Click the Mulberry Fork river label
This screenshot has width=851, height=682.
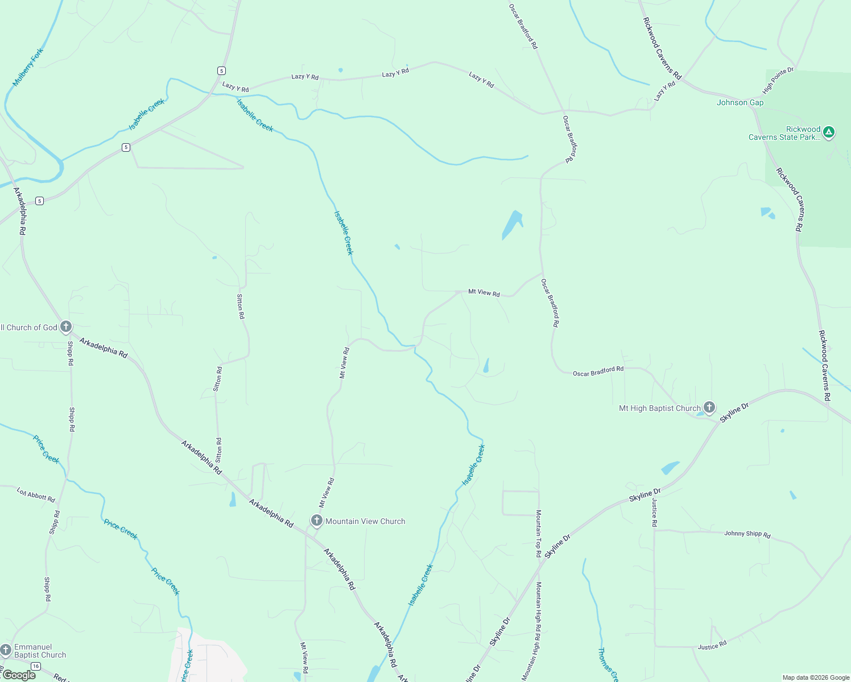coord(28,67)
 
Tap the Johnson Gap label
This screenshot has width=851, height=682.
coord(740,103)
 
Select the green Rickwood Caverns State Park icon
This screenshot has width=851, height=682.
coord(829,132)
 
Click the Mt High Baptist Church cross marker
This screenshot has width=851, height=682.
coord(709,407)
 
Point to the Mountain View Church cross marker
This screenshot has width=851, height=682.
coord(317,521)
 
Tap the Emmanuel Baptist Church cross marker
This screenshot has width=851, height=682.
coord(6,650)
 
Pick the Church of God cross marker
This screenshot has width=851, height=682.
coord(66,326)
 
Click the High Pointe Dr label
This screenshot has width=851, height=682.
coord(778,81)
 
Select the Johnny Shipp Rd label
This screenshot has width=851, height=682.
coord(747,534)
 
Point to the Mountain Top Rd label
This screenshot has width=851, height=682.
coord(538,533)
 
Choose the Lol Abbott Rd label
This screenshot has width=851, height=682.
coord(36,495)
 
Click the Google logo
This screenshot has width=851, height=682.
coord(19,675)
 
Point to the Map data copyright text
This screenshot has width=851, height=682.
coord(816,677)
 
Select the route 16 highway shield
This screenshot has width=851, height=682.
coord(36,666)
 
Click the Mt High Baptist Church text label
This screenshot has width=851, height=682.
coord(659,408)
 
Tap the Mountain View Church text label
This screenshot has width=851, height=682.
coord(365,521)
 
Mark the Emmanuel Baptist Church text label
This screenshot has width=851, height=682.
coord(40,651)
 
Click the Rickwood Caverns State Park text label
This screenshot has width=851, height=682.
coord(785,133)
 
